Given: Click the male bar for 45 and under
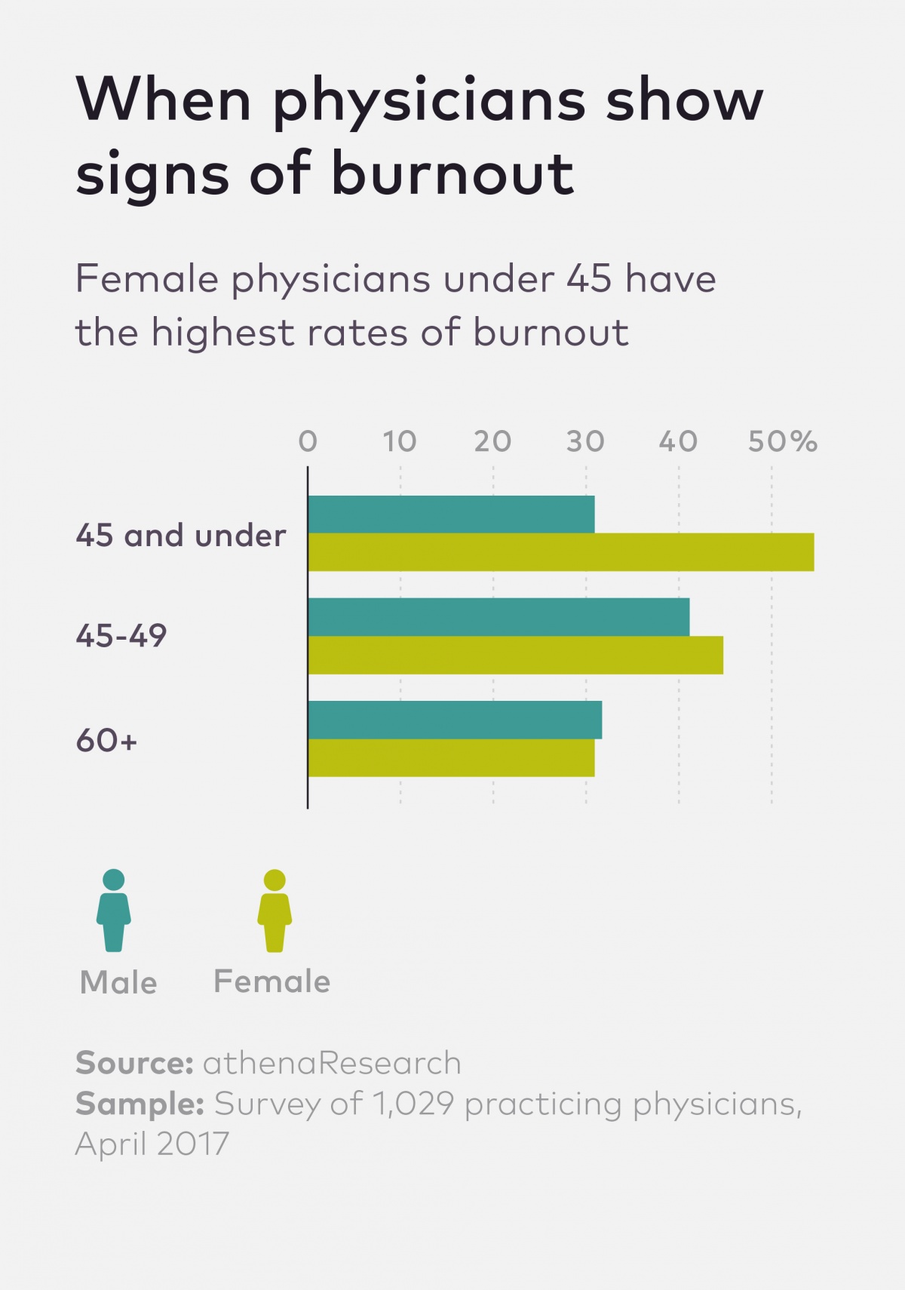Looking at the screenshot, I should pos(451,514).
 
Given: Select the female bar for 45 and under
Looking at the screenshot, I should pos(561,552).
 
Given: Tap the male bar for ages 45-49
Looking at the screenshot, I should pos(499,617).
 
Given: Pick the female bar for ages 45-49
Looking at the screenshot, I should pos(515,655).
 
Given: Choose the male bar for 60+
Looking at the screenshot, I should pos(455,720).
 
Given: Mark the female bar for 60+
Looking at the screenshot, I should pos(451,757).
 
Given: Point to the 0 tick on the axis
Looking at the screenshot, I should pos(308,441).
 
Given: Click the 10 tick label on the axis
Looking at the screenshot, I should pos(399,441).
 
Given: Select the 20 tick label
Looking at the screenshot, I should pos(492,441).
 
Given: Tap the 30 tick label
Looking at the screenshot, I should pos(585,441).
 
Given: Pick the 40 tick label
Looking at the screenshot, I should pos(678,441).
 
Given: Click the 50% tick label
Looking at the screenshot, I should pos(782,441).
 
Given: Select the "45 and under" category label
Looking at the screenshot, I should pos(181,536).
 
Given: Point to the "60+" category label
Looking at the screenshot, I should pos(106,741).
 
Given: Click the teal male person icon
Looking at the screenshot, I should pos(114,911).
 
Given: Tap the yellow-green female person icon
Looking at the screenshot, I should pos(275,911).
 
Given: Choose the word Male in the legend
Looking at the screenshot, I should pos(118,983).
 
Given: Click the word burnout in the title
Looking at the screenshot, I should pos(452,174).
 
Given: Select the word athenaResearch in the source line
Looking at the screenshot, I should pos(332,1063).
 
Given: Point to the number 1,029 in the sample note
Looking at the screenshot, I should pos(414,1104).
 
